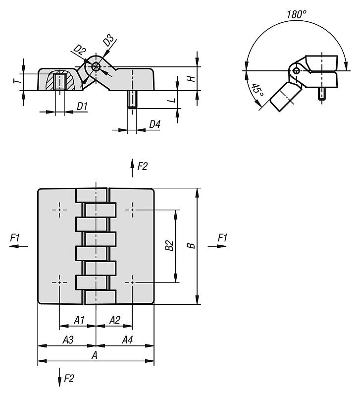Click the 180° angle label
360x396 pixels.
coord(297,14)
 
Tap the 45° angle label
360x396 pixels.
coord(258,91)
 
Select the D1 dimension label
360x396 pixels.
coord(82,107)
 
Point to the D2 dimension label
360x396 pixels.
coord(79,50)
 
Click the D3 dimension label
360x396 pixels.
coord(109,41)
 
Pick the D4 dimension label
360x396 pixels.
coord(155,124)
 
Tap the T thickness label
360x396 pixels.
coord(17,81)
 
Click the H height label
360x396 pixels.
coord(193,78)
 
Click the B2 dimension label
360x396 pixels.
coord(169,246)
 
